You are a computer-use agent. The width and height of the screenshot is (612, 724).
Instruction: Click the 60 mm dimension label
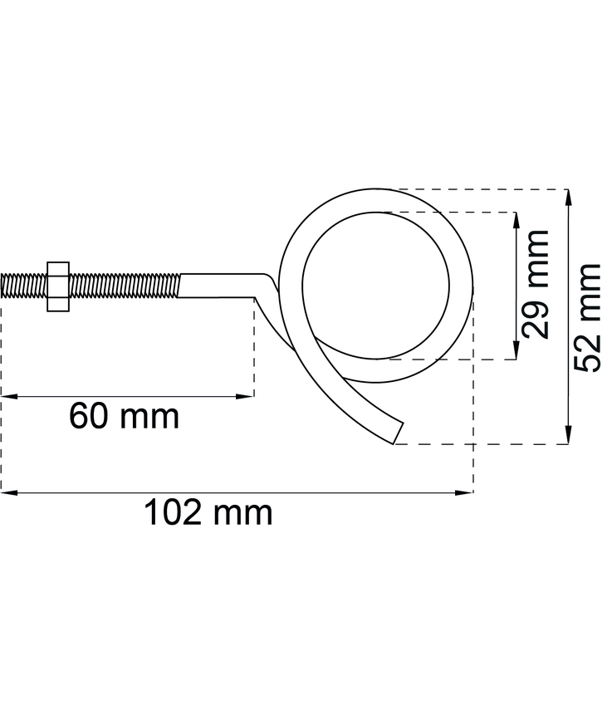coord(124,416)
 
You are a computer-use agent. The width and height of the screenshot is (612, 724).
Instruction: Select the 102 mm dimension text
coord(208,513)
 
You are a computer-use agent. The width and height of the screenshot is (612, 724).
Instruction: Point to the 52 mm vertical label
coord(588,318)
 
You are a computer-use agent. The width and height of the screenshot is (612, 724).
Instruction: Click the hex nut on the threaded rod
coord(58,286)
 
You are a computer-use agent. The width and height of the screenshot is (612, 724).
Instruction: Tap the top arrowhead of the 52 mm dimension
coord(568,196)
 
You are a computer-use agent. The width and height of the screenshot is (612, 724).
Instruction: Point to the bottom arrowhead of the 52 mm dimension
coord(568,437)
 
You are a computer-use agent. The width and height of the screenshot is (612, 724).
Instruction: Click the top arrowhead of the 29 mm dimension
coord(517,218)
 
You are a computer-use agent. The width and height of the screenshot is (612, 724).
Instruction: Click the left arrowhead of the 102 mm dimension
coord(7,493)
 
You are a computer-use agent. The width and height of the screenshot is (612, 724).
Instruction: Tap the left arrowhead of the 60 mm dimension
coord(7,397)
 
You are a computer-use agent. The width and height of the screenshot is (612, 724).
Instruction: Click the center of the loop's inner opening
coord(377,285)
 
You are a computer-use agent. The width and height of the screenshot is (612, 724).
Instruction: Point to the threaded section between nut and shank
coord(125,286)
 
